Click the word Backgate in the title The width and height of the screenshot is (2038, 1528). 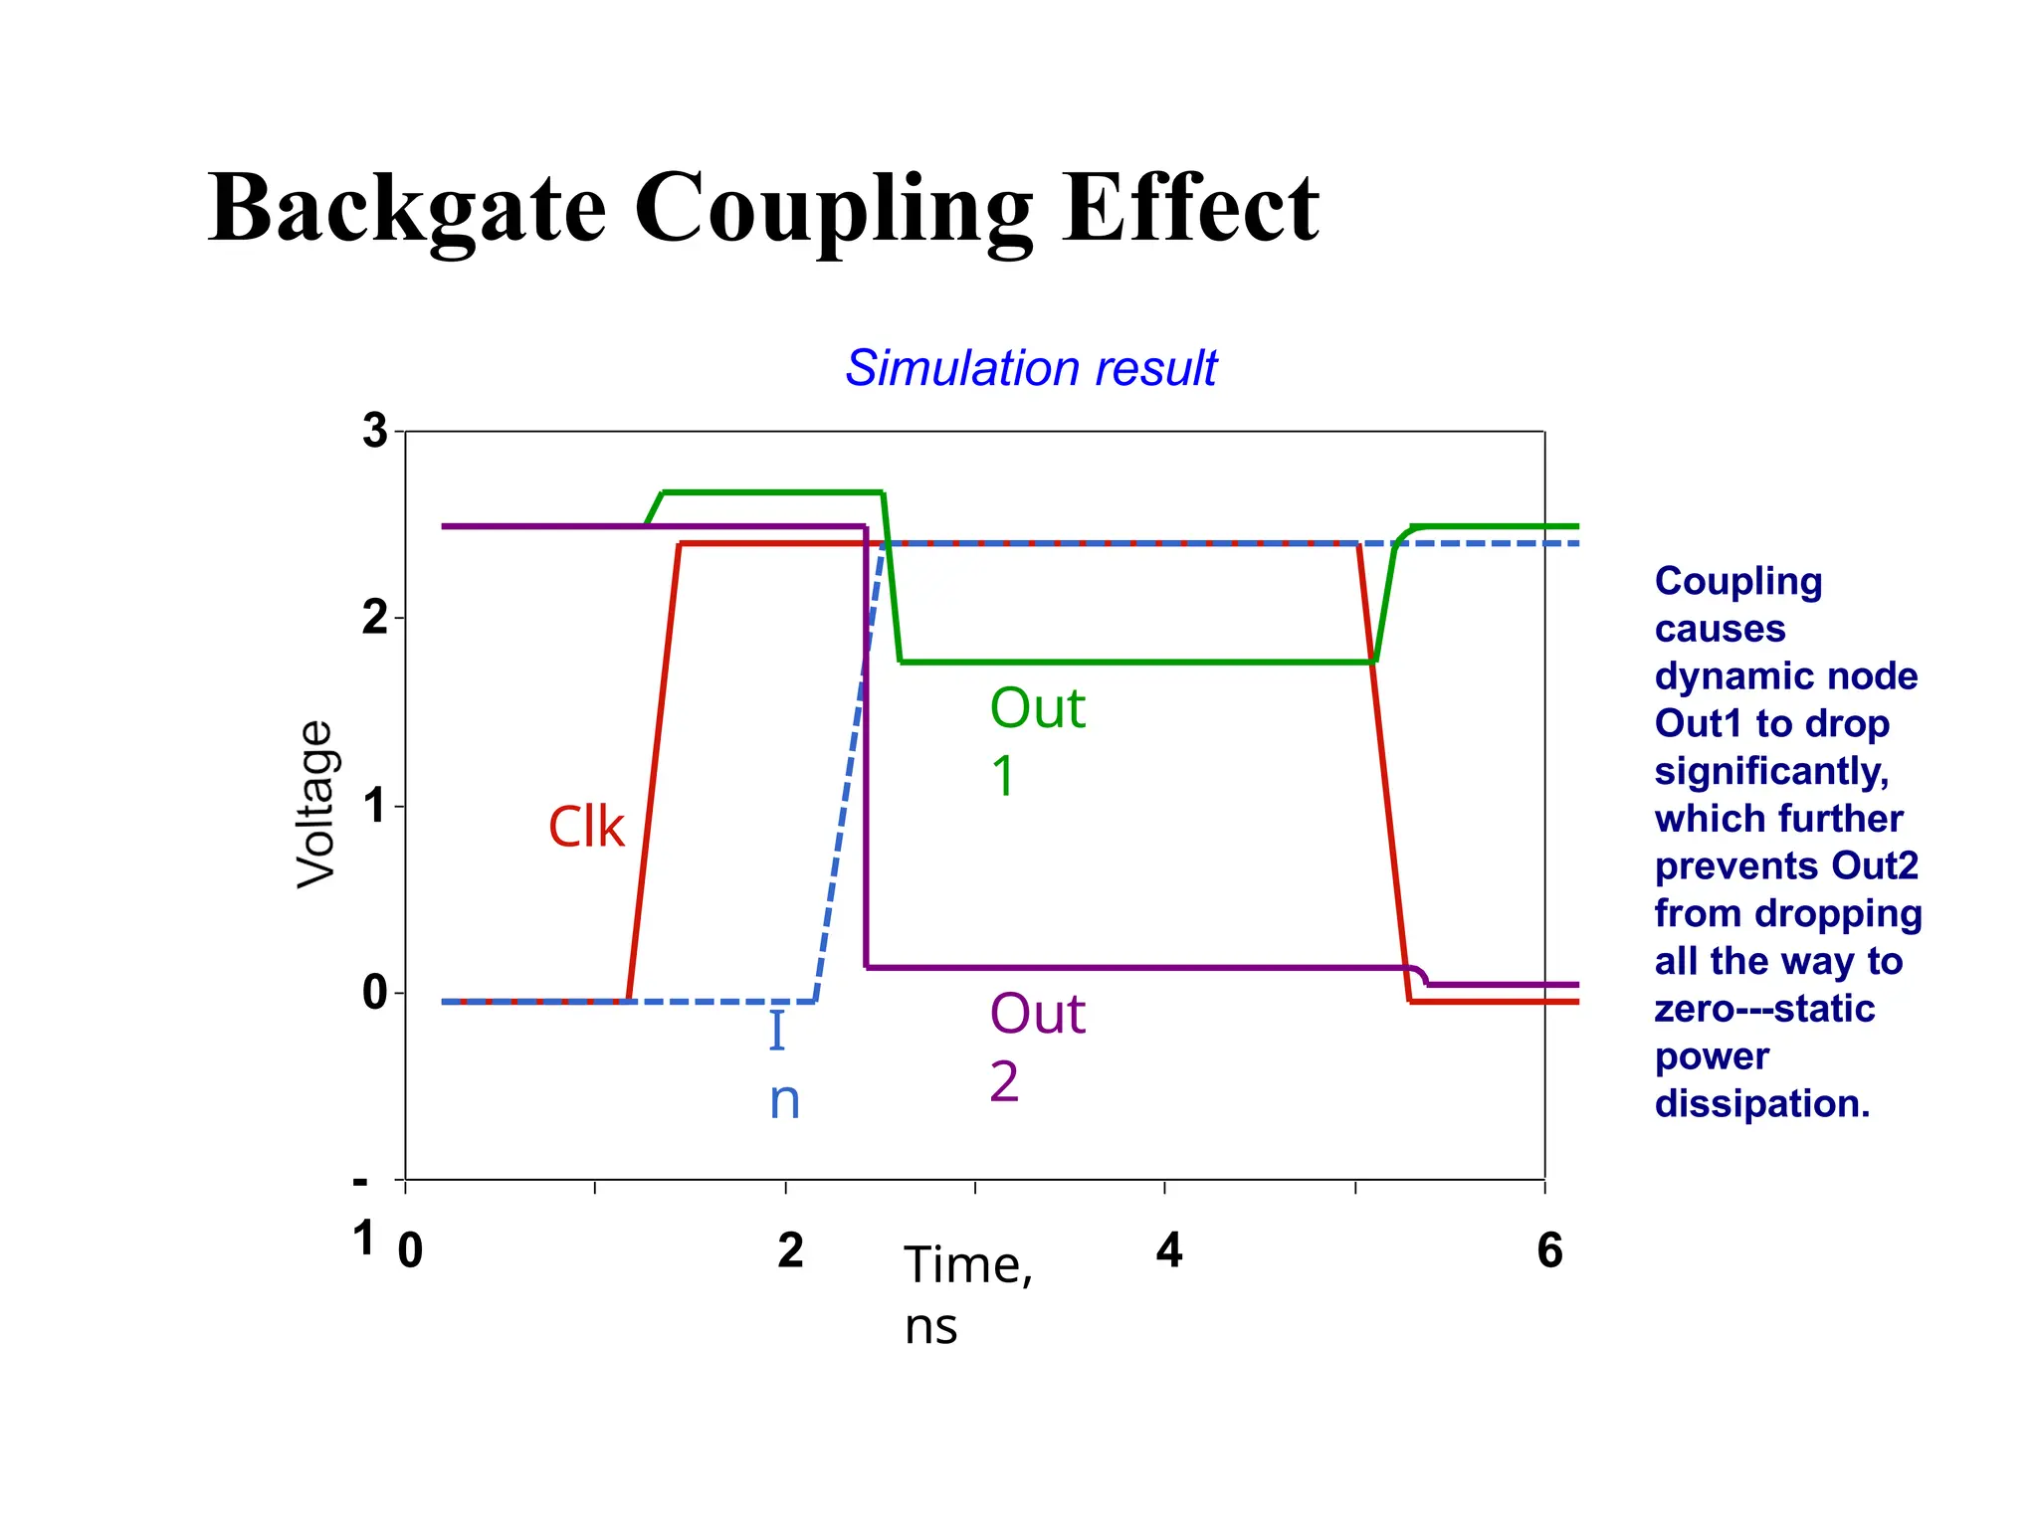pyautogui.click(x=406, y=209)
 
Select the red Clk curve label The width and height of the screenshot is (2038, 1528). pyautogui.click(x=586, y=827)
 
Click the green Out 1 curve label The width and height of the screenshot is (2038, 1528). pyautogui.click(x=1036, y=741)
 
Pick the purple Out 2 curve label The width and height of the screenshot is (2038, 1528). pyautogui.click(x=1036, y=1047)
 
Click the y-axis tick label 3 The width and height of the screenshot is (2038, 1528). pyautogui.click(x=374, y=431)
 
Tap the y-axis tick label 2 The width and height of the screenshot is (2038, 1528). pyautogui.click(x=374, y=619)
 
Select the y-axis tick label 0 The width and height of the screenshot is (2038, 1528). pyautogui.click(x=374, y=992)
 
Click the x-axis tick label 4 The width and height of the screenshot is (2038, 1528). pyautogui.click(x=1169, y=1250)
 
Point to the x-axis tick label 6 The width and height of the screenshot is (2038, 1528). pyautogui.click(x=1549, y=1250)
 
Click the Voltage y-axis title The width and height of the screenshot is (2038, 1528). pyautogui.click(x=316, y=804)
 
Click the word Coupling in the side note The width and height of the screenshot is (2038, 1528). pyautogui.click(x=1737, y=582)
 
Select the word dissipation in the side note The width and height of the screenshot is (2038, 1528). pyautogui.click(x=1761, y=1104)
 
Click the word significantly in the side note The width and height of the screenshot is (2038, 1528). pyautogui.click(x=1771, y=772)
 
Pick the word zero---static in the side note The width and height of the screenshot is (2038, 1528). pyautogui.click(x=1764, y=1010)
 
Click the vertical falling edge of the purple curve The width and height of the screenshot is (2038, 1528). pyautogui.click(x=866, y=746)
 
